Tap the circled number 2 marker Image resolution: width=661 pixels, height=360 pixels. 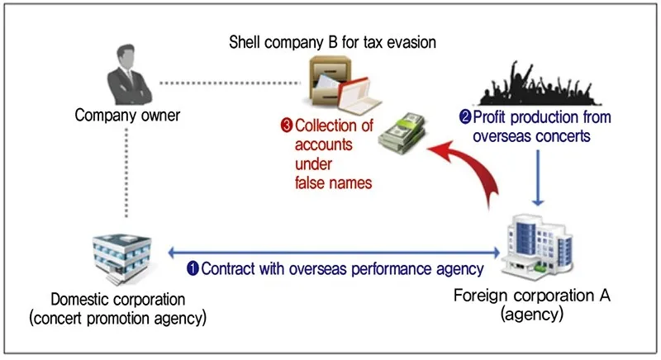[465, 116]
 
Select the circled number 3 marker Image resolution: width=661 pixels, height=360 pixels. [286, 126]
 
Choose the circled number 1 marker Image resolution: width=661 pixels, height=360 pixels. [193, 268]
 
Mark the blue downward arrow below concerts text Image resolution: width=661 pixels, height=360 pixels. [539, 178]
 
